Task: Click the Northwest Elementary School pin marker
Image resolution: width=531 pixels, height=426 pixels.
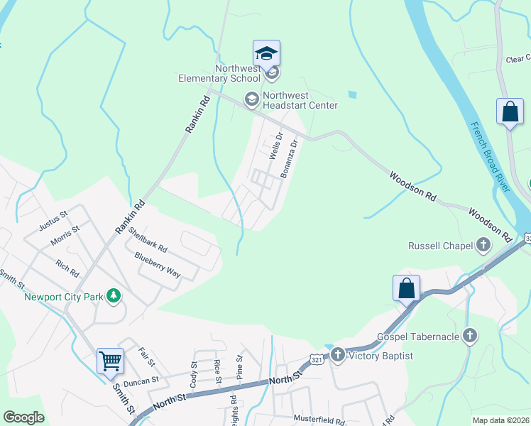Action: (x=266, y=54)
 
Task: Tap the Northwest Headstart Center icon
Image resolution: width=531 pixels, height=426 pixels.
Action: (x=251, y=99)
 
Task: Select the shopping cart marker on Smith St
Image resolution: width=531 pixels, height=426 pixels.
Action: (x=110, y=361)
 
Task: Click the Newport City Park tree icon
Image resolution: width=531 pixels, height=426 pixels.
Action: (x=113, y=296)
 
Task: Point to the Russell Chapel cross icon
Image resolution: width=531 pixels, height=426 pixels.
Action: (x=483, y=246)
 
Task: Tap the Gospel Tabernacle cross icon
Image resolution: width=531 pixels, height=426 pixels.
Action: (x=469, y=336)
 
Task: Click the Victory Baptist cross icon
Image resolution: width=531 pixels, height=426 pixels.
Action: (x=337, y=355)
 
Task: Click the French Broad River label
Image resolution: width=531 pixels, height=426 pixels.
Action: (x=491, y=157)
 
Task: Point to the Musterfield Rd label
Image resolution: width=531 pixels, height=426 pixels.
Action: (x=319, y=421)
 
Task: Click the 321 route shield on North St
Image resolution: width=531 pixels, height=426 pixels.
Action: (x=316, y=361)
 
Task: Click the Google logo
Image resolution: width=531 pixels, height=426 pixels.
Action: (x=23, y=417)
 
